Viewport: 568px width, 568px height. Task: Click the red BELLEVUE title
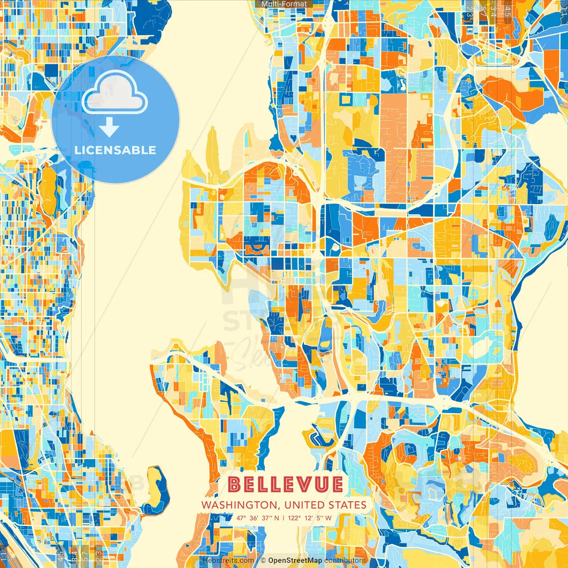point(286,484)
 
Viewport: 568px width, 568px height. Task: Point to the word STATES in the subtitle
point(347,505)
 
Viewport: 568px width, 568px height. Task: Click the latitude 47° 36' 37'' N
point(257,518)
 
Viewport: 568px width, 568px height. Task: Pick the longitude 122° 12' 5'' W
point(310,518)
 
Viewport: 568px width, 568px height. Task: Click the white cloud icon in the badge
point(115,93)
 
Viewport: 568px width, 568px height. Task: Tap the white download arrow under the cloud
point(109,128)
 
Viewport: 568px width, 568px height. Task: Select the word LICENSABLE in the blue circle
point(115,150)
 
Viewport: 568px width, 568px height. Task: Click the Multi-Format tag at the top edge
point(284,4)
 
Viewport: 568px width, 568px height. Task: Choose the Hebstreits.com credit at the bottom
point(228,560)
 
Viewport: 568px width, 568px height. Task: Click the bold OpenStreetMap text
point(295,560)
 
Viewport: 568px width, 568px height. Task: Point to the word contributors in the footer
point(345,560)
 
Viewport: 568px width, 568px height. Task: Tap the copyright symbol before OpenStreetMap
point(263,560)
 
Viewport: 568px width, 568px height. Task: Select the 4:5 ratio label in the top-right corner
point(508,11)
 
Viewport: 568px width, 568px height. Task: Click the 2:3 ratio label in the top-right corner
point(470,11)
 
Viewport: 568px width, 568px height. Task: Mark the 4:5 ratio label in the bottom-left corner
point(60,556)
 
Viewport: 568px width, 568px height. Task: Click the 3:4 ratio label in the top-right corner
point(493,11)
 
